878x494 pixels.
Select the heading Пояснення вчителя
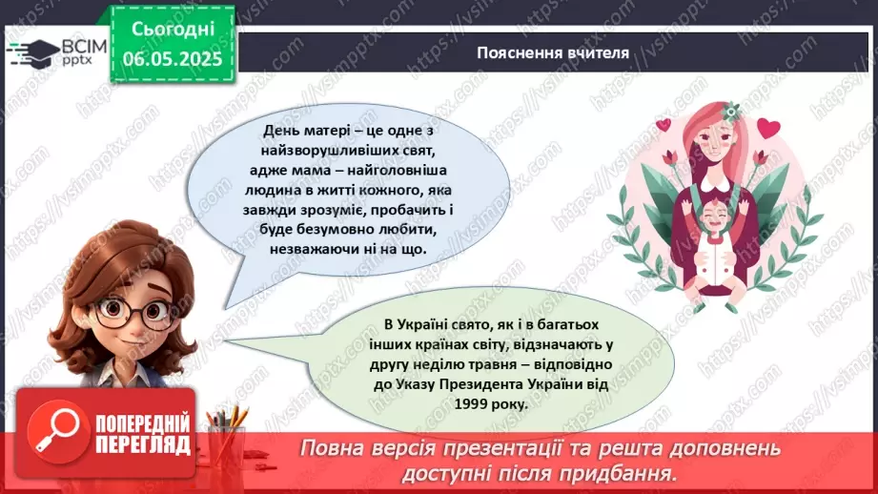point(553,52)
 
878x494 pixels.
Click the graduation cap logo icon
point(27,50)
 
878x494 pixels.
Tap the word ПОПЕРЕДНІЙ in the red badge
point(144,423)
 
